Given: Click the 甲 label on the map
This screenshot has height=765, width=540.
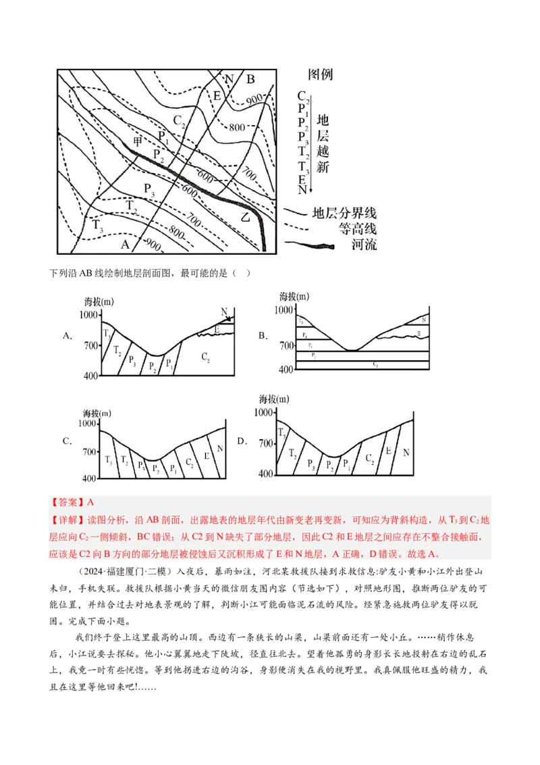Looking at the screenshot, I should point(138,142).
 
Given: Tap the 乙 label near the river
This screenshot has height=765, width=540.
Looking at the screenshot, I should point(246,217).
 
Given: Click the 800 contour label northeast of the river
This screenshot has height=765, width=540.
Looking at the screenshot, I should point(237,127).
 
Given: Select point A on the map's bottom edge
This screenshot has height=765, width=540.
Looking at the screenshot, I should point(124,245).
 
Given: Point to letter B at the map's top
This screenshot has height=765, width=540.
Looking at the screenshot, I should point(250,79).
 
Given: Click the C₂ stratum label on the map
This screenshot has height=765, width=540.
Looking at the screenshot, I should point(179,121).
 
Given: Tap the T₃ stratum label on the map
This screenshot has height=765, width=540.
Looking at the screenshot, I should point(98,224).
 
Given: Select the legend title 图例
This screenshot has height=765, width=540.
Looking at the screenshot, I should point(320,74).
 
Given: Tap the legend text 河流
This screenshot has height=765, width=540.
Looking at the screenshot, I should point(364,245).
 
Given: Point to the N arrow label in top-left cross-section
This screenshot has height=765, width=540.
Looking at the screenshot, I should point(224,312).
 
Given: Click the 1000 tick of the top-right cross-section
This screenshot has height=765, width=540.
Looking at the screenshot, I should point(285,310).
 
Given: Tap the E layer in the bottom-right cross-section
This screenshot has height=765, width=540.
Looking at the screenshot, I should point(388,450).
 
